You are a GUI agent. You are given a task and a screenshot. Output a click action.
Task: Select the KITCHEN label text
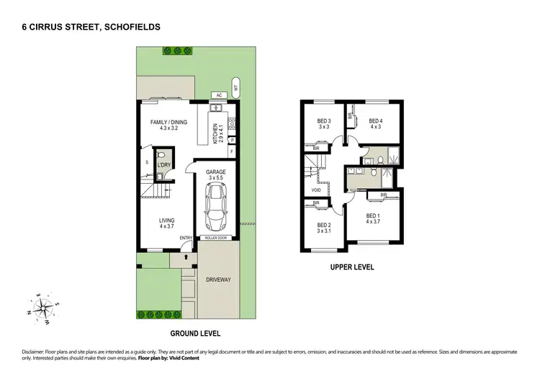pyautogui.click(x=215, y=134)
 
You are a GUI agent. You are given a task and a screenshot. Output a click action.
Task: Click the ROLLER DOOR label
pyautogui.click(x=216, y=237)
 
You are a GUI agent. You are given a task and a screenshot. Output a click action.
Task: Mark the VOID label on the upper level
pyautogui.click(x=316, y=190)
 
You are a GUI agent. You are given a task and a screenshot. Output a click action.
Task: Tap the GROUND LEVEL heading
pyautogui.click(x=194, y=334)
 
